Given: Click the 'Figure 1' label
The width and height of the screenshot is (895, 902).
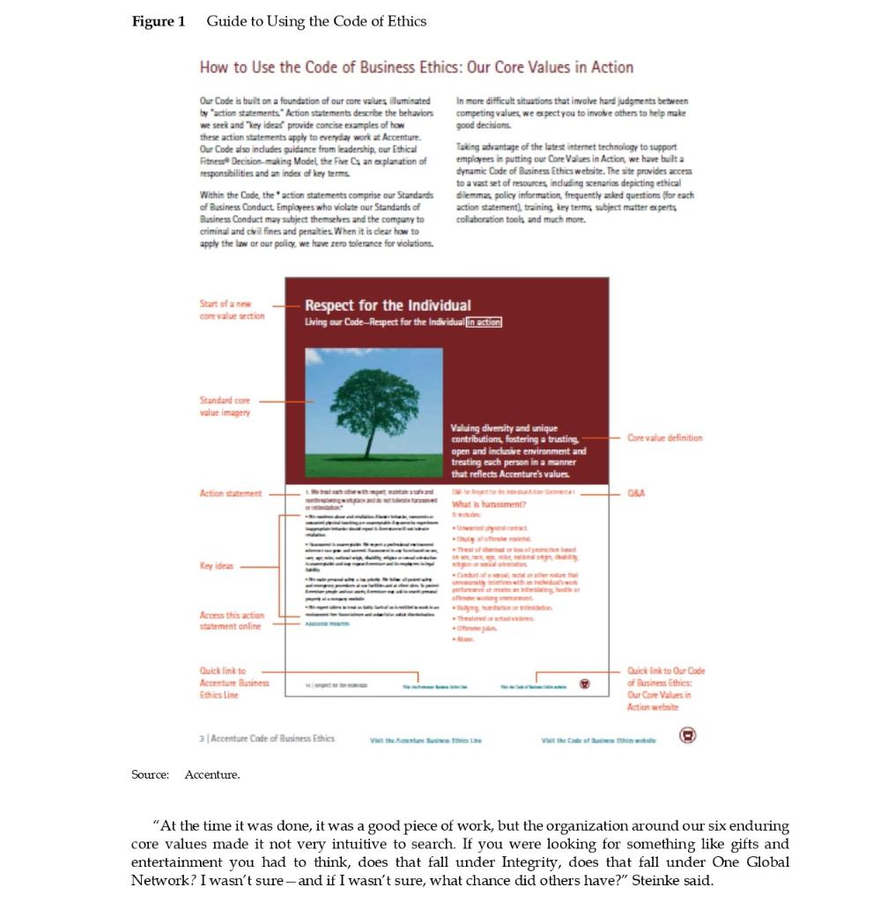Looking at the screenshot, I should point(159,21).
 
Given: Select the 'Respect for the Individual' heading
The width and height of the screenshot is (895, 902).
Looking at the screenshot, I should point(388,305).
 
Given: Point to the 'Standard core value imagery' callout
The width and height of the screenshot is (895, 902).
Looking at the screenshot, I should point(226,406).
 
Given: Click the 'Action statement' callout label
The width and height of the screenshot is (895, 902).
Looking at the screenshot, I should point(231,494).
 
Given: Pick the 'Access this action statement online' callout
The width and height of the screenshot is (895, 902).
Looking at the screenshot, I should point(232,620).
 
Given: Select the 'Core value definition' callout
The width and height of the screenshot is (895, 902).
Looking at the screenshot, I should point(665,438).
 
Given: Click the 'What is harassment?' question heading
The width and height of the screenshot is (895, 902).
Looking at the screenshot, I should point(488,504).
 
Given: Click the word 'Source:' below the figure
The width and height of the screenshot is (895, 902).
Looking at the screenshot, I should point(150,774).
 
